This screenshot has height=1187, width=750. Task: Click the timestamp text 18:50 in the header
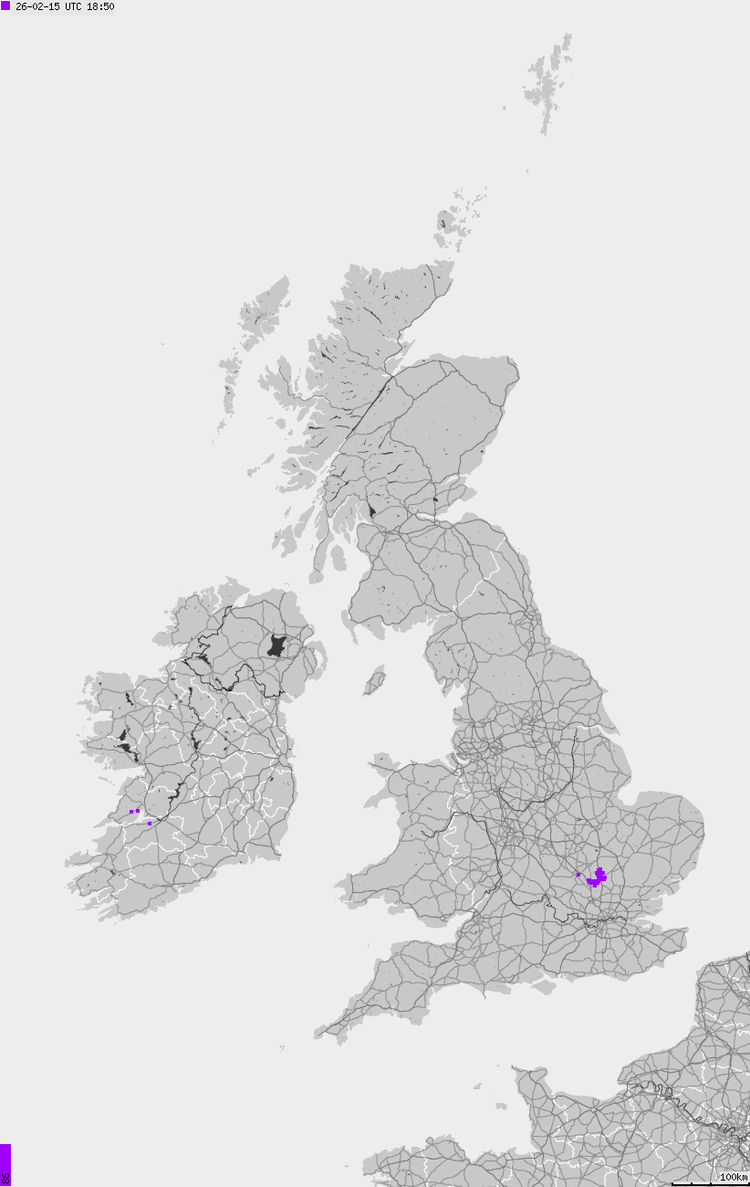click(x=100, y=6)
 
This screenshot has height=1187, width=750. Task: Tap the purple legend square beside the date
click(x=5, y=5)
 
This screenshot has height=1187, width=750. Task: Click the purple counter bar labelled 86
click(x=5, y=1165)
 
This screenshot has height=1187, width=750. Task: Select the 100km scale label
click(x=734, y=1178)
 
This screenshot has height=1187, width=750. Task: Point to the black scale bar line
click(x=711, y=1184)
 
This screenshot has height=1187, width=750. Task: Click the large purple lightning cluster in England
click(x=598, y=878)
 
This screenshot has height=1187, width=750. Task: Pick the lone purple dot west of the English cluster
click(x=578, y=875)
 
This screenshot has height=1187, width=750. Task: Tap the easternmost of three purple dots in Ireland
click(x=150, y=823)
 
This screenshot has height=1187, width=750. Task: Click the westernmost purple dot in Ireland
click(x=131, y=811)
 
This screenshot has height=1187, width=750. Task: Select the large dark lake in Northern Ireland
click(x=277, y=646)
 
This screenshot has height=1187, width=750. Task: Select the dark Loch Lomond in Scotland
click(x=371, y=508)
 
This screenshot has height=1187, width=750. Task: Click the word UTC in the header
click(x=74, y=6)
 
